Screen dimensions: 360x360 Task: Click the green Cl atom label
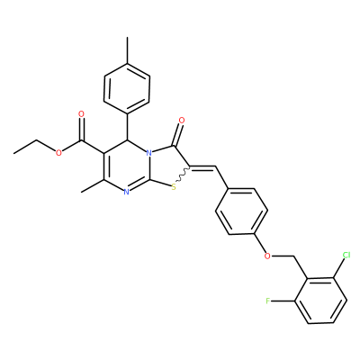tap(346, 256)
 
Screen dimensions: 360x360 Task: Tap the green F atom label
tap(268, 301)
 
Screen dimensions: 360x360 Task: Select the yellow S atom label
tap(174, 187)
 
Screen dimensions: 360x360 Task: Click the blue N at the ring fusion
tap(148, 153)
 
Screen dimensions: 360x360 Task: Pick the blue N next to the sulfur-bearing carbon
tap(126, 192)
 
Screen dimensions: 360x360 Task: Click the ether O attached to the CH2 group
tap(267, 256)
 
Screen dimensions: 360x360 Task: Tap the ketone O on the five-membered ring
tap(181, 121)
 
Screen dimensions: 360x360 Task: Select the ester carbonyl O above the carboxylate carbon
tap(81, 114)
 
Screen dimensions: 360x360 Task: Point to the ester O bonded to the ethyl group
tap(58, 153)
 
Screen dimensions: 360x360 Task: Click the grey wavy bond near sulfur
tap(182, 175)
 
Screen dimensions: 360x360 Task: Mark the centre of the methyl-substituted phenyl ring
tap(127, 88)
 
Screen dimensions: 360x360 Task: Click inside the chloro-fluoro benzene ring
tap(320, 301)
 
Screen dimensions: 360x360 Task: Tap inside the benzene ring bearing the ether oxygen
tap(241, 211)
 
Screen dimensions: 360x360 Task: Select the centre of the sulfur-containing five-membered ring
tap(169, 167)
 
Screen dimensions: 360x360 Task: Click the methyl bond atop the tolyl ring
tap(127, 50)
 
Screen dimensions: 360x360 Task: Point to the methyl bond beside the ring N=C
tap(93, 186)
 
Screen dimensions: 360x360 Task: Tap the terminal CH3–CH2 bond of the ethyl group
tap(25, 147)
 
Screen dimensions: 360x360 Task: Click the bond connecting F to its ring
tap(283, 301)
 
